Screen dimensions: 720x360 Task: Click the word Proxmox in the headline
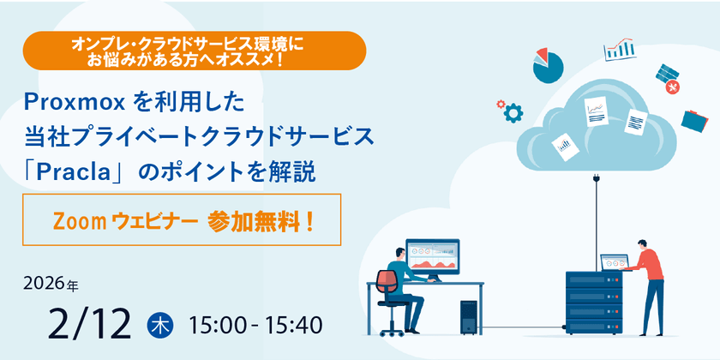point(75,104)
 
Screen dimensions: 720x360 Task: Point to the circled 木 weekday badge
point(159,325)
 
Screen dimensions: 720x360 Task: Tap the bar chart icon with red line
point(620,49)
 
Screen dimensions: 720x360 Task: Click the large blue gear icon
point(513,112)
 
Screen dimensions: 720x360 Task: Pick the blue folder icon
point(694,121)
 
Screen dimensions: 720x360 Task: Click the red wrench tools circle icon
point(673,87)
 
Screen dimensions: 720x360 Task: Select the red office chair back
point(387,281)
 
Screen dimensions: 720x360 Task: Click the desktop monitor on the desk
point(433,257)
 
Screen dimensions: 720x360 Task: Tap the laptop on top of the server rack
point(615,263)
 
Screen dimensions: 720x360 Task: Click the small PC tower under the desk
point(468,317)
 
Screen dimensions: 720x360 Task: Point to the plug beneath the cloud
point(596,178)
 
